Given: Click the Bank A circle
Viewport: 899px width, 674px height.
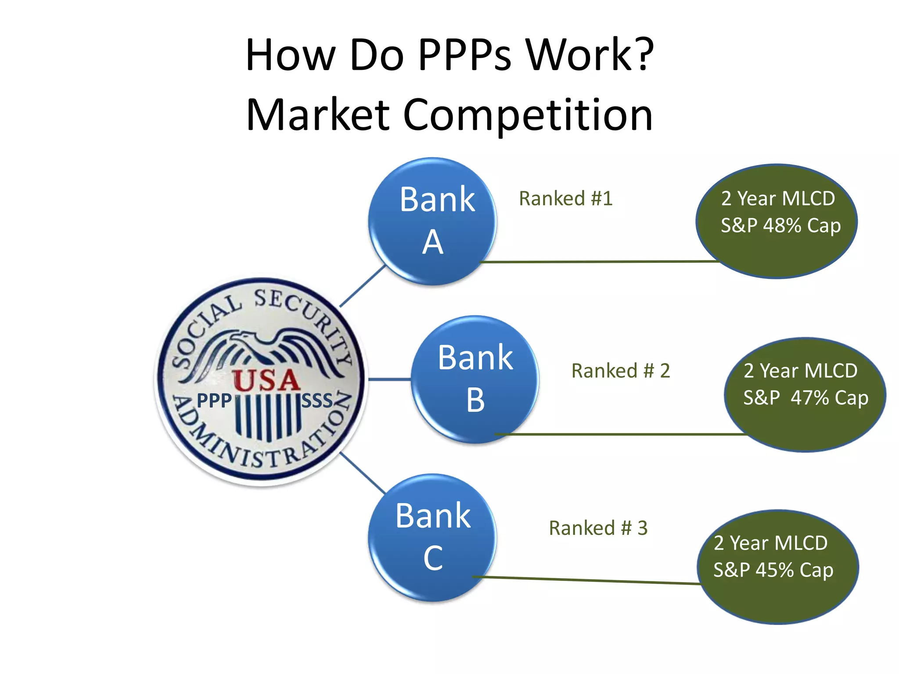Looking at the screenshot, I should [x=432, y=221].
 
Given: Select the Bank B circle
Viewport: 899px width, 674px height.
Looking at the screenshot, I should [x=475, y=379].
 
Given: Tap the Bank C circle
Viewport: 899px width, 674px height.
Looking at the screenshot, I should [x=432, y=537].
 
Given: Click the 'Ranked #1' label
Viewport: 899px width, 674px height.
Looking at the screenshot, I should [x=565, y=198].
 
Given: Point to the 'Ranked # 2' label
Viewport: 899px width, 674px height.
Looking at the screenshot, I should [x=620, y=371].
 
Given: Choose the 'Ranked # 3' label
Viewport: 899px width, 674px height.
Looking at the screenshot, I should [x=598, y=528].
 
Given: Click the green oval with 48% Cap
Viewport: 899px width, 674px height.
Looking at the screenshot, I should [x=776, y=221].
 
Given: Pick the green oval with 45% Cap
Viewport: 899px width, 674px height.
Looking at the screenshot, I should [x=777, y=566].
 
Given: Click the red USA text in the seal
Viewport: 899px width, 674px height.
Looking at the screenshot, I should [x=266, y=380].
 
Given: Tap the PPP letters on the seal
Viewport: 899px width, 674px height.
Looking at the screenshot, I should [x=214, y=400].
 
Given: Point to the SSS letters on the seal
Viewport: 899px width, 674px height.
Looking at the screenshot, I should [x=317, y=400].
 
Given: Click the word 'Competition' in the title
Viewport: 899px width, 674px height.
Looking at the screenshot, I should [x=528, y=115].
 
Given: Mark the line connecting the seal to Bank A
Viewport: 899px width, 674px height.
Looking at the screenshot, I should [x=363, y=286].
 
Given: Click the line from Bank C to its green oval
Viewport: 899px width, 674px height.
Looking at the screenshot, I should [x=588, y=580].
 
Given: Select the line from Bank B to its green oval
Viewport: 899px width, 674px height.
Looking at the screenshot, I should [x=619, y=434].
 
